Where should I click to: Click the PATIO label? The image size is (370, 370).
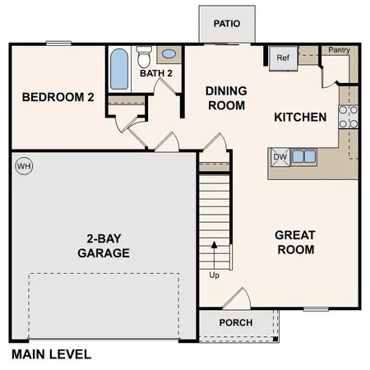click(226, 24)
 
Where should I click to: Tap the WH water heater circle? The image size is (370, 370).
click(22, 165)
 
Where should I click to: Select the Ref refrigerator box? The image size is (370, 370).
click(283, 58)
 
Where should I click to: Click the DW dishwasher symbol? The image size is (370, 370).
click(280, 156)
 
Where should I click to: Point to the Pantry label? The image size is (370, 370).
click(338, 50)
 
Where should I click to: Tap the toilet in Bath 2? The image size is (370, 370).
click(145, 57)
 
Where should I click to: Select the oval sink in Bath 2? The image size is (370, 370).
click(169, 55)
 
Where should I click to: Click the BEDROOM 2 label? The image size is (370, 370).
click(58, 97)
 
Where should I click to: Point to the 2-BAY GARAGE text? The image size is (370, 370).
click(104, 246)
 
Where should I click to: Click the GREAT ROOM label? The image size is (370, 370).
click(295, 242)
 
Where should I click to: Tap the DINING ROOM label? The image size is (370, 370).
click(225, 98)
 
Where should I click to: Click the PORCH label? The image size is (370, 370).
click(235, 322)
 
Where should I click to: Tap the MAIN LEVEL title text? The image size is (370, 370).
click(52, 355)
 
